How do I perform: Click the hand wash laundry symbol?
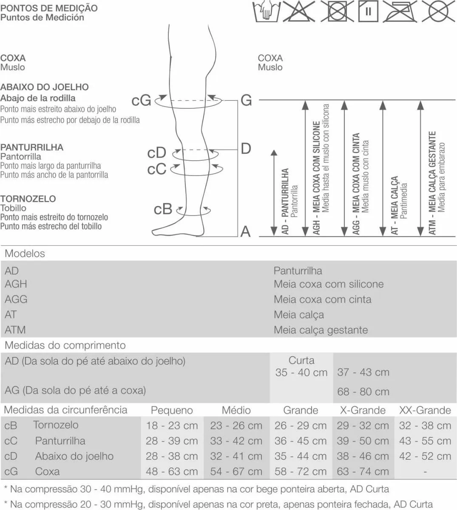point(267,11)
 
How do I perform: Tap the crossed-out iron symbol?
point(400,11)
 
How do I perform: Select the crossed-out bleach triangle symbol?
point(299,11)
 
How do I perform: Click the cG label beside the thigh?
point(141,100)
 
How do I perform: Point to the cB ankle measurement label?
point(163,209)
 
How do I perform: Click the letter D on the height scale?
point(246,148)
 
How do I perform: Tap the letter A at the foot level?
point(245,231)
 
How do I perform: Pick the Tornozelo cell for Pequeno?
point(172,426)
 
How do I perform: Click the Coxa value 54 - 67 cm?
point(236,471)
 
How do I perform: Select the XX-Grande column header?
point(425,410)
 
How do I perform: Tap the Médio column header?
point(236,410)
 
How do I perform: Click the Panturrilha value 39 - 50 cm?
point(363,441)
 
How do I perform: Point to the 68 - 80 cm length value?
point(363,392)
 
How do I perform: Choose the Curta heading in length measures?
point(301,360)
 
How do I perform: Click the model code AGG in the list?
point(16,299)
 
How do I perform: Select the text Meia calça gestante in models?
point(321,330)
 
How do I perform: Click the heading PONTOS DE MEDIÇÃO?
point(49,8)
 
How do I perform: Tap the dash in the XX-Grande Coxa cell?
point(425,471)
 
